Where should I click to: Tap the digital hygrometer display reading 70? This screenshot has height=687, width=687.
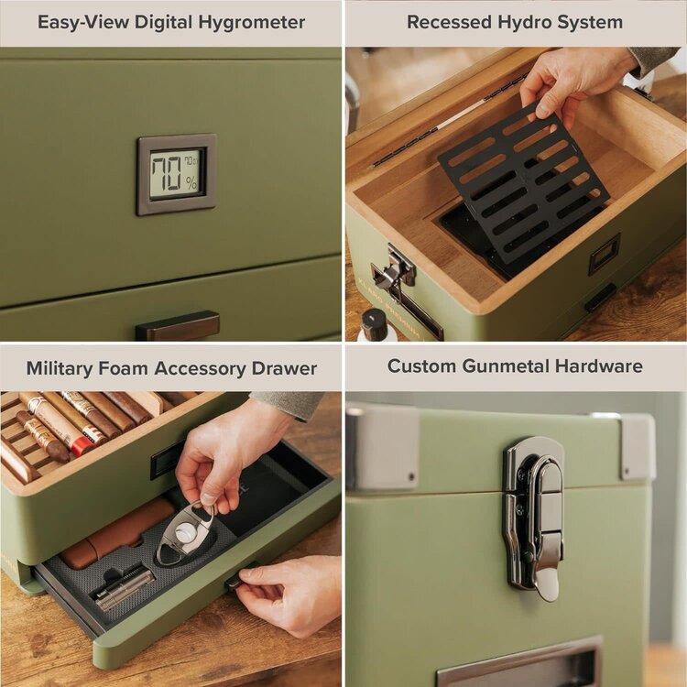point(176,174)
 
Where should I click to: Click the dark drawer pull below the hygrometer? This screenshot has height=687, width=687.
point(177,325)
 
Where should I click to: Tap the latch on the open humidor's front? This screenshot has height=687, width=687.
point(395,272)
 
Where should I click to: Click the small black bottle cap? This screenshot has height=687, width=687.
point(373,322)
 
